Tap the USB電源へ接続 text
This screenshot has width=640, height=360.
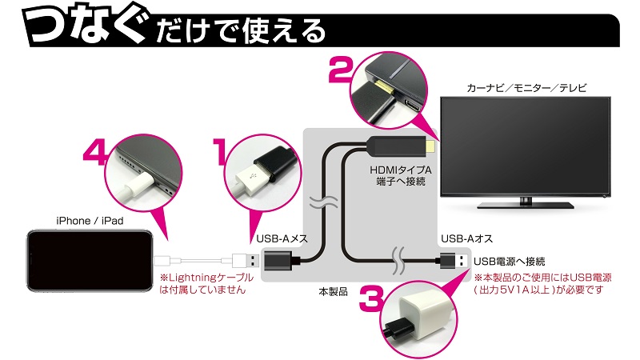click(510, 261)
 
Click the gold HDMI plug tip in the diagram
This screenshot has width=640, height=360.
click(430, 147)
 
